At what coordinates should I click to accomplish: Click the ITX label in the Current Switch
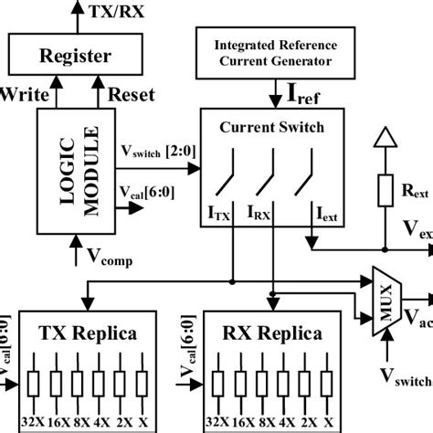(x=219, y=216)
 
